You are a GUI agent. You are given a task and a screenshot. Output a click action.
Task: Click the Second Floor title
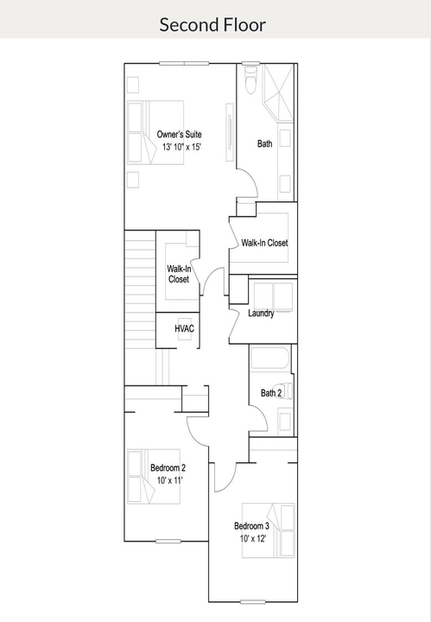[x=212, y=24]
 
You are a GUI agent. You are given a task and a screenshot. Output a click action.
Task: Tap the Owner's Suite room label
[x=179, y=135]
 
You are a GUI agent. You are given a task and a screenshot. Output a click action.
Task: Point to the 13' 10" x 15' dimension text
[x=179, y=148]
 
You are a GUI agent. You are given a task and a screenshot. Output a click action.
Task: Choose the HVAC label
[x=184, y=329]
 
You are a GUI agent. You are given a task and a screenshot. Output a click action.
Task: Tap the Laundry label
[x=261, y=313]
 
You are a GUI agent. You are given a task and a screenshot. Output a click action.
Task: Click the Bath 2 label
[x=271, y=393]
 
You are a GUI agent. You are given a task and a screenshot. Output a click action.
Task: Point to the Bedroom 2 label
[x=168, y=467]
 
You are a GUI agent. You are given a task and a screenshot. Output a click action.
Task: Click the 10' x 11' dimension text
[x=168, y=479]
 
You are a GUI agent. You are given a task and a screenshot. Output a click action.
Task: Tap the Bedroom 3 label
[x=251, y=526]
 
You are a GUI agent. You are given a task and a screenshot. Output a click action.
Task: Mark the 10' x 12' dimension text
[x=252, y=538]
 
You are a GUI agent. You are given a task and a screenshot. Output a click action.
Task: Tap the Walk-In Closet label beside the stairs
[x=178, y=275]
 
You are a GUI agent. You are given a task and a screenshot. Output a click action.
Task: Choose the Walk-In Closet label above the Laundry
[x=264, y=243]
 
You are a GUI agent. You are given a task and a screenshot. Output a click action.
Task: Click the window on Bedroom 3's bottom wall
[x=251, y=601]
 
